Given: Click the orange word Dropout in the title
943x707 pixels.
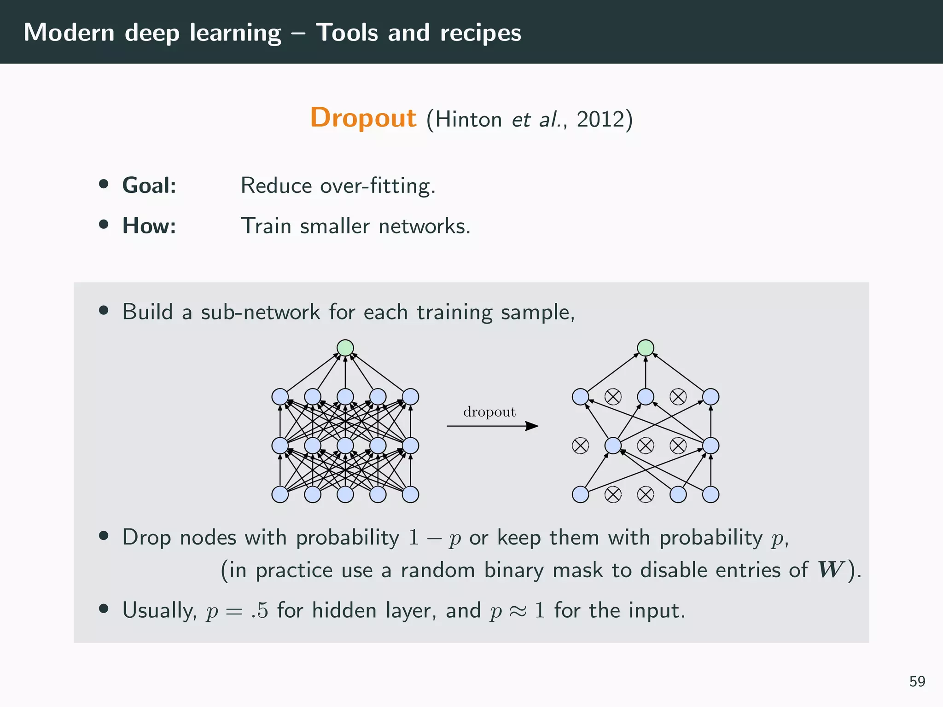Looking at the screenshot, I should click(x=363, y=118).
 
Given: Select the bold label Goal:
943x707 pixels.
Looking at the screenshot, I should click(x=149, y=185).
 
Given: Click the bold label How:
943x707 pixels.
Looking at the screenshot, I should click(x=149, y=226).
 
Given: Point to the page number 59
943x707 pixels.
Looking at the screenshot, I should click(x=917, y=681).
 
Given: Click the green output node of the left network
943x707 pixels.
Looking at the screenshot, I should click(x=345, y=348).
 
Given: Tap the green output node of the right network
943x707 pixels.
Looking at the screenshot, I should click(x=646, y=348).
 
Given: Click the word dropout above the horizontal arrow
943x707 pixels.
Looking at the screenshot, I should click(x=489, y=411).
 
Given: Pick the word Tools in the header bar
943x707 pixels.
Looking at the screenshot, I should click(x=347, y=33).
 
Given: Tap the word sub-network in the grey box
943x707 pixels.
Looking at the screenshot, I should click(x=260, y=313).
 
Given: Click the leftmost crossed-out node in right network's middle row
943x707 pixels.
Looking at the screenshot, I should click(x=580, y=446).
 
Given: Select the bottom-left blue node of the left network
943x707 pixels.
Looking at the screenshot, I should click(x=280, y=494).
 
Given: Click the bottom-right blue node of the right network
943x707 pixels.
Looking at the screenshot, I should click(x=711, y=494).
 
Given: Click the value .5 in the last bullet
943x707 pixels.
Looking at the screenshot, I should click(x=260, y=611).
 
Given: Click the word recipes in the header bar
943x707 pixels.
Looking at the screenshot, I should click(x=480, y=33).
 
